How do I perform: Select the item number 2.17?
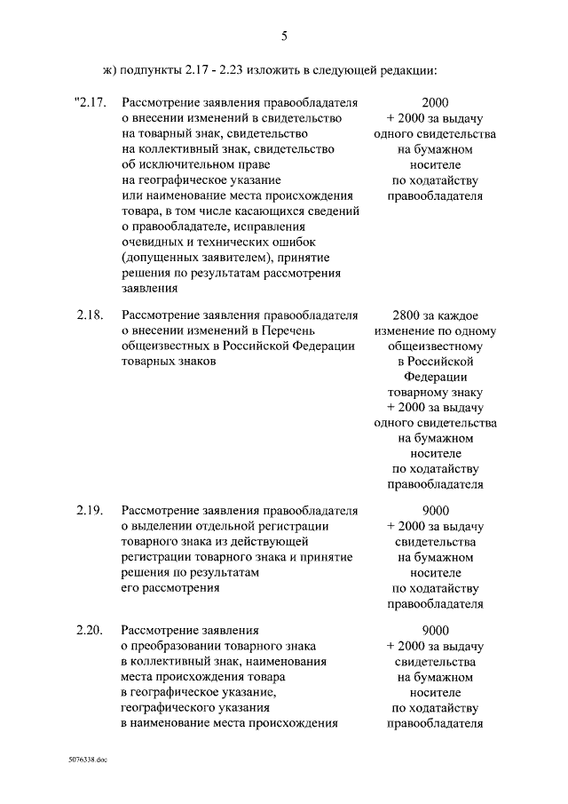click(x=91, y=101)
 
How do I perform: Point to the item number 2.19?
click(x=91, y=510)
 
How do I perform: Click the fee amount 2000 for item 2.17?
click(x=435, y=101)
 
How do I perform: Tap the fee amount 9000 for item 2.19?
click(x=435, y=510)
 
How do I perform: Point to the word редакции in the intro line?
click(x=412, y=69)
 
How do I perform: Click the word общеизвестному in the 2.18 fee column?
click(x=435, y=346)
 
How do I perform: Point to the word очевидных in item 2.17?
click(x=150, y=242)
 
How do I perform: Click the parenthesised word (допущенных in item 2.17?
click(x=160, y=257)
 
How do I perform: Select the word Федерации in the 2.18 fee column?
click(x=435, y=377)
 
